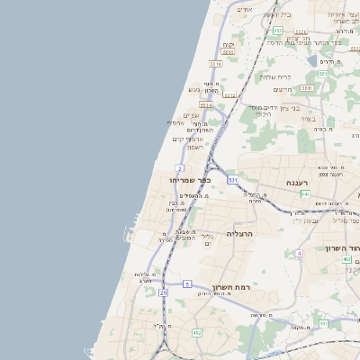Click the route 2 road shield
point(180,168)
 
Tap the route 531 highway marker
point(232,181)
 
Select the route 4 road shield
point(298,254)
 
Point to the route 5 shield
point(187,283)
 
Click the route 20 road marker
point(163,292)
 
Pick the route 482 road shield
point(196,333)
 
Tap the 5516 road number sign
point(215,64)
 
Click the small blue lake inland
point(312,61)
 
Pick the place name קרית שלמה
point(278,76)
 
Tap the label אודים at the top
point(245,9)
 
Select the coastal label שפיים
point(191,114)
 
